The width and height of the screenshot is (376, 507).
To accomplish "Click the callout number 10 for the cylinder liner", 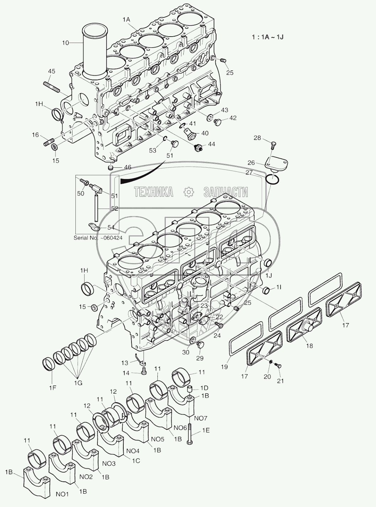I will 65,43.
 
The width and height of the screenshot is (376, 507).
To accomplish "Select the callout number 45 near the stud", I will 51,71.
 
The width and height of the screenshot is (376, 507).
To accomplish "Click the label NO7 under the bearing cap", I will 200,418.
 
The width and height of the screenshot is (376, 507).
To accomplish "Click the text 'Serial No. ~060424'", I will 98,238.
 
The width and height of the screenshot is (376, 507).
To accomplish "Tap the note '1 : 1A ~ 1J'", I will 267,37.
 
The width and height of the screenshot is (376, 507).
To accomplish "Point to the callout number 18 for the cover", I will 310,345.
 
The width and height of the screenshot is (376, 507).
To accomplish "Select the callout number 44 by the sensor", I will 211,144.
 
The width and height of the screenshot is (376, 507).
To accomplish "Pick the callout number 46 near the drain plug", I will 127,167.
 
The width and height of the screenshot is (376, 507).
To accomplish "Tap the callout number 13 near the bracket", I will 124,363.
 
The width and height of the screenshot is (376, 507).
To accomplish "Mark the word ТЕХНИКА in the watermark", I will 154,192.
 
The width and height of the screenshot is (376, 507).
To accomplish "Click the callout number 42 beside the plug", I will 232,118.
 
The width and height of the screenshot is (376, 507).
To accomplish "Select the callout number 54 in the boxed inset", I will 111,227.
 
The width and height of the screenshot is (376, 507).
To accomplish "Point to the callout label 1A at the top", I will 127,21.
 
